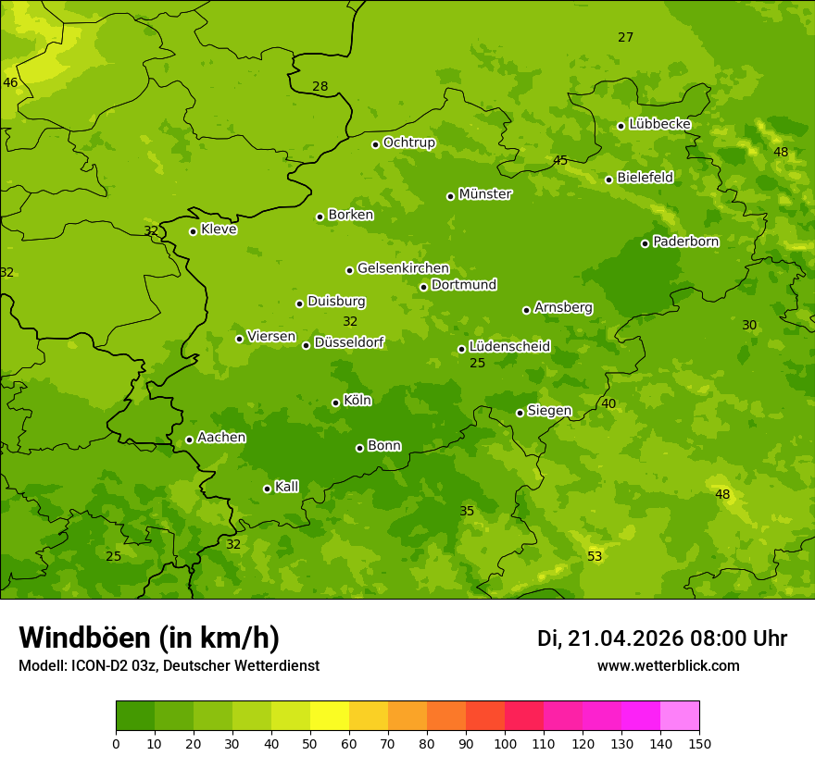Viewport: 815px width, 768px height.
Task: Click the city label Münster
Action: (x=485, y=194)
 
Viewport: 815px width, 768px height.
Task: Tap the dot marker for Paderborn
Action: (x=646, y=243)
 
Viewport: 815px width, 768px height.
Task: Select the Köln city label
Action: (x=357, y=401)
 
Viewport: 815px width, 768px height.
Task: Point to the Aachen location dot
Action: (x=190, y=440)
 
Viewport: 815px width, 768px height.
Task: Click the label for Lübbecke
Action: (x=659, y=124)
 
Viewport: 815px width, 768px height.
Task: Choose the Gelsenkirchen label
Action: (x=403, y=268)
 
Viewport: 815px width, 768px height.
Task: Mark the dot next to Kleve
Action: (x=194, y=231)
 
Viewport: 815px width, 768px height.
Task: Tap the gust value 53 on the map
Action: (x=595, y=556)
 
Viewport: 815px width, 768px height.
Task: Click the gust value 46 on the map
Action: (x=10, y=82)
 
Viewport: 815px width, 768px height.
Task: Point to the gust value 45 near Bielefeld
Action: (x=560, y=160)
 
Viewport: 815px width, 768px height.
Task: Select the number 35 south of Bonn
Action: (x=467, y=511)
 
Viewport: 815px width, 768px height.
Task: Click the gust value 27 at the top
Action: (x=626, y=37)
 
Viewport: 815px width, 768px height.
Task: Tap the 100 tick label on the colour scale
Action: (x=505, y=744)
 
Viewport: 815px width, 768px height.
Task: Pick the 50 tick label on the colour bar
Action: (x=310, y=744)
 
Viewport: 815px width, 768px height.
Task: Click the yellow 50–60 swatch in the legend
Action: (x=330, y=716)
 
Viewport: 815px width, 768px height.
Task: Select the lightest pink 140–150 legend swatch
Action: (x=680, y=716)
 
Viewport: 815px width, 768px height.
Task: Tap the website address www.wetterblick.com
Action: (x=668, y=665)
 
